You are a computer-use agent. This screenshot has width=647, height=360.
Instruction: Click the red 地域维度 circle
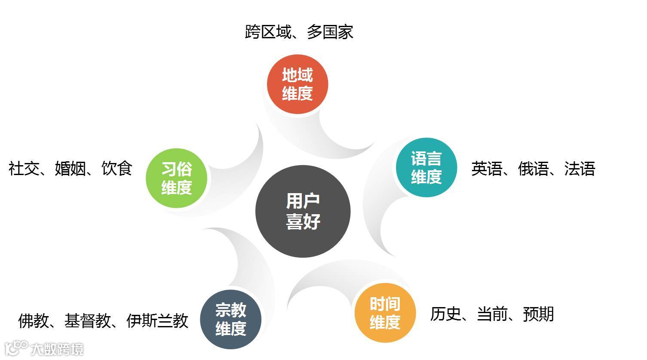tap(297, 84)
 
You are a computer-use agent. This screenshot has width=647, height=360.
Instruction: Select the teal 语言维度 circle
tap(426, 167)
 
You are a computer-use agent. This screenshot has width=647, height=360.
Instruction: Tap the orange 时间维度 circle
tap(385, 313)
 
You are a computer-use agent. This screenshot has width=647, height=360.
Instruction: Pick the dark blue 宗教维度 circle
tap(231, 319)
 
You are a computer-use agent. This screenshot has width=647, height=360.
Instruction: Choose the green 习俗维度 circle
tap(176, 178)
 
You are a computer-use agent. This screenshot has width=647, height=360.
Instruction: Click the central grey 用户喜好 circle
tap(303, 211)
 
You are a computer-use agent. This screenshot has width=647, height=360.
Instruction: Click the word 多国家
tap(330, 32)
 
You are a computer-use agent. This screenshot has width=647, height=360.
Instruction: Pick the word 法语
tap(580, 169)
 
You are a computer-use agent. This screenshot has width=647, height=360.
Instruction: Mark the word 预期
tap(538, 314)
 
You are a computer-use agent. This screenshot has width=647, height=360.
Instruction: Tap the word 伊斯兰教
tap(157, 321)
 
